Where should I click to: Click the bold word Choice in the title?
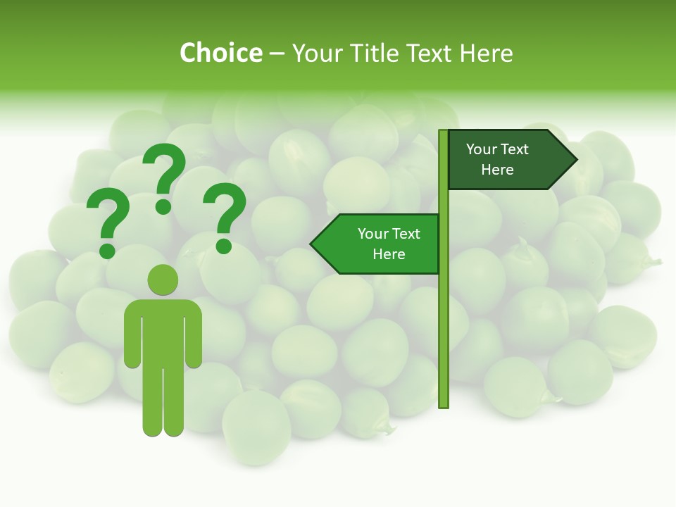click(220, 53)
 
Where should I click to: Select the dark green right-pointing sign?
click(507, 159)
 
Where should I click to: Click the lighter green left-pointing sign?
click(380, 244)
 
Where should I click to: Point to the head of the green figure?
click(163, 280)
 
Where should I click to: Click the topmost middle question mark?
click(164, 173)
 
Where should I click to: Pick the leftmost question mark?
click(108, 223)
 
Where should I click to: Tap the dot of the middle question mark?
click(163, 206)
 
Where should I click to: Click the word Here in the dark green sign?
click(497, 170)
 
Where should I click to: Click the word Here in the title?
click(486, 54)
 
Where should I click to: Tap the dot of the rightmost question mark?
click(224, 246)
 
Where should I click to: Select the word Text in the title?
click(432, 54)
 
